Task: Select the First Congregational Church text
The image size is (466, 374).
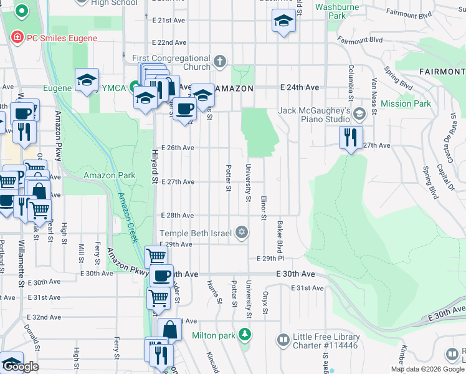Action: pos(171,62)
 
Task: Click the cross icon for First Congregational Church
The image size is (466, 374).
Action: pos(219,62)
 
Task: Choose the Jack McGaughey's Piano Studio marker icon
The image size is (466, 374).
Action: pos(359,114)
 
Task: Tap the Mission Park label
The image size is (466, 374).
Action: pos(406,103)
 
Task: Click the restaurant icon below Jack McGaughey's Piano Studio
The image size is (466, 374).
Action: pos(351,136)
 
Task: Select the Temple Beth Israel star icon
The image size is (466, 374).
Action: pos(242,233)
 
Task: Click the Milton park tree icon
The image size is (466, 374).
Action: pos(245,335)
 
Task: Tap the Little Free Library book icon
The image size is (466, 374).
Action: pos(283,340)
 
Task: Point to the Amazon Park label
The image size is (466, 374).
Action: pos(109,175)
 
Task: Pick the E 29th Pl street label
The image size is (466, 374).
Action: pos(270,258)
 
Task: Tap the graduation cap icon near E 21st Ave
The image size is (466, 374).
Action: pos(283,21)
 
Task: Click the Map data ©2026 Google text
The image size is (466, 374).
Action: pos(427,369)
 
